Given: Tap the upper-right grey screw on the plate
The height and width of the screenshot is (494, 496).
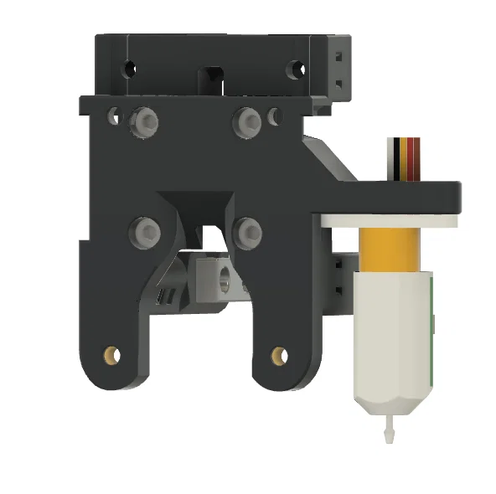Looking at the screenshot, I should pos(247,122).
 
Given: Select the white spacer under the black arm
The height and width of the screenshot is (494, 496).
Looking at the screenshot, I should pos(390,219).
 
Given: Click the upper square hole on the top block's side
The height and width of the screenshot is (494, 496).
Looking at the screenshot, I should pos(339,57).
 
